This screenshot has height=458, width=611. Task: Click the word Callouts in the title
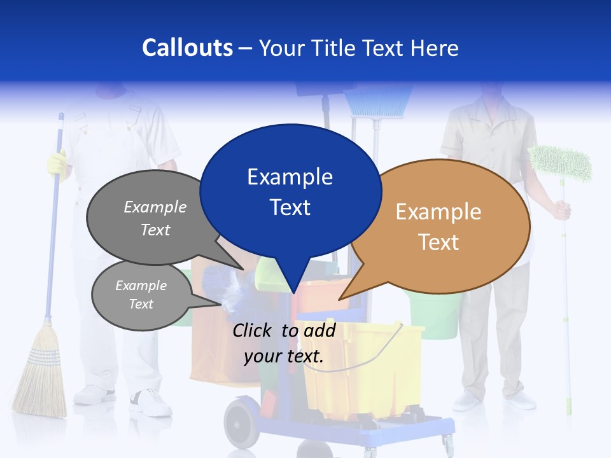(x=187, y=48)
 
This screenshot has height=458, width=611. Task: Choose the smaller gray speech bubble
(x=141, y=295)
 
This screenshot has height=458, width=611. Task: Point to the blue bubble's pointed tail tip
(x=293, y=292)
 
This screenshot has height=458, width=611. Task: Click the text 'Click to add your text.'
(x=284, y=343)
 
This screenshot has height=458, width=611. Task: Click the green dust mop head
(x=561, y=163)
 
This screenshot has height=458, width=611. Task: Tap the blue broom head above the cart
(x=378, y=102)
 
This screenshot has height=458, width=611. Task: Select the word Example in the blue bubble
(x=290, y=177)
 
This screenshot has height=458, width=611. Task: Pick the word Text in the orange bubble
(x=439, y=242)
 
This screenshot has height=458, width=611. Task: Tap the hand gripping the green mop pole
(x=561, y=209)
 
